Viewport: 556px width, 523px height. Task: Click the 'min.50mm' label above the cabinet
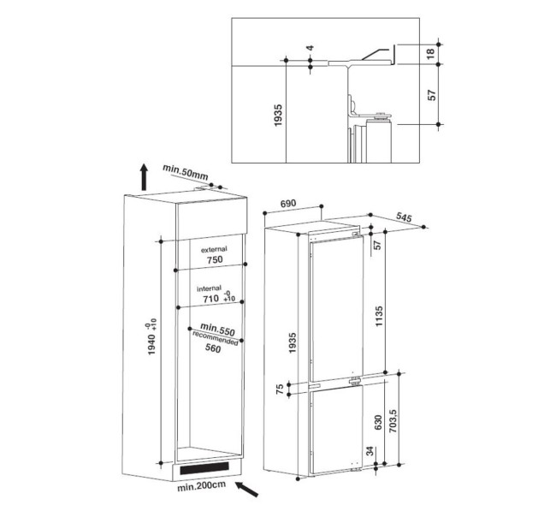pos(186,174)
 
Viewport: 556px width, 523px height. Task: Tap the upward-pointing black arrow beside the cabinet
pos(144,177)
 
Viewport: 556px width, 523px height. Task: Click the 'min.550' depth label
pos(217,330)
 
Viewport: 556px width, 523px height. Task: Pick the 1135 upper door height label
pos(377,316)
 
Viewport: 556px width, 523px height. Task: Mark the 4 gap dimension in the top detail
pos(312,49)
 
